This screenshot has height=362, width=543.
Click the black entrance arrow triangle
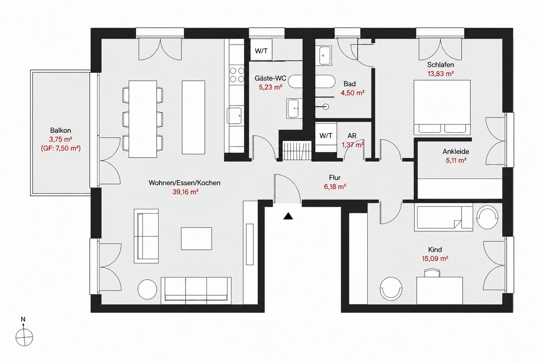288,216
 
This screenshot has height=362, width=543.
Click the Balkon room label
60,130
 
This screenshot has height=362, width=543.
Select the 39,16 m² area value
186,192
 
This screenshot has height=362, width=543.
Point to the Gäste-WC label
270,78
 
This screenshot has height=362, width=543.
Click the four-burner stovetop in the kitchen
237,75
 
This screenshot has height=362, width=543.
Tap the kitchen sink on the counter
234,116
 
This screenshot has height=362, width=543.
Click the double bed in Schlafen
442,107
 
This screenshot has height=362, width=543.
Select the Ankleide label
456,152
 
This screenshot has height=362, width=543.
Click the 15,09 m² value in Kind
435,258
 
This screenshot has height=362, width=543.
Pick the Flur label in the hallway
335,178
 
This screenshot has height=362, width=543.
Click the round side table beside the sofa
147,289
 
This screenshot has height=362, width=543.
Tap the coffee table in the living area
196,239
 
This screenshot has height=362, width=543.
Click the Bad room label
350,84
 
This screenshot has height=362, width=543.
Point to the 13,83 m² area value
440,74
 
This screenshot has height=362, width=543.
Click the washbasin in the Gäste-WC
294,109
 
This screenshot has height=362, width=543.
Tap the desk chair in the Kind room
432,273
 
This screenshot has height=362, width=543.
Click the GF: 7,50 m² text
60,148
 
